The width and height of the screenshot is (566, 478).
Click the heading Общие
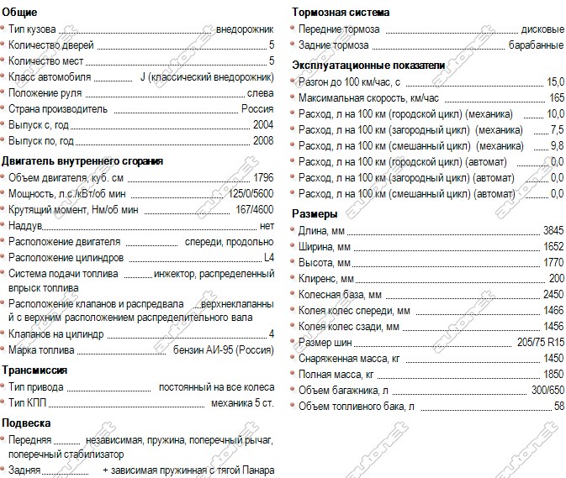pos(19,12)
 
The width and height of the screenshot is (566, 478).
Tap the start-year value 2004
pos(262,125)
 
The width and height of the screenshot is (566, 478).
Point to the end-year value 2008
pos(262,141)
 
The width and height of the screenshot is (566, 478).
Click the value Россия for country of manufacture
pos(257,109)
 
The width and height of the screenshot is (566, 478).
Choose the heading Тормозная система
pos(341,12)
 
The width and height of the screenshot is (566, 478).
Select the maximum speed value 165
pos(556,98)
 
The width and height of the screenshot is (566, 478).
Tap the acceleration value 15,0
pos(555,82)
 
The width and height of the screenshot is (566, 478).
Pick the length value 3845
pos(553,230)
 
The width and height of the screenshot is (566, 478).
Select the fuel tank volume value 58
pos(558,406)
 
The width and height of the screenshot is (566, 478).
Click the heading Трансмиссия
pos(34,370)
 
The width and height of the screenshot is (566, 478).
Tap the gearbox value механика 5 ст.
pos(242,402)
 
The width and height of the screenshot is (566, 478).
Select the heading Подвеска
pos(27,423)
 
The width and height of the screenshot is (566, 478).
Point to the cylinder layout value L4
pos(268,257)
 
